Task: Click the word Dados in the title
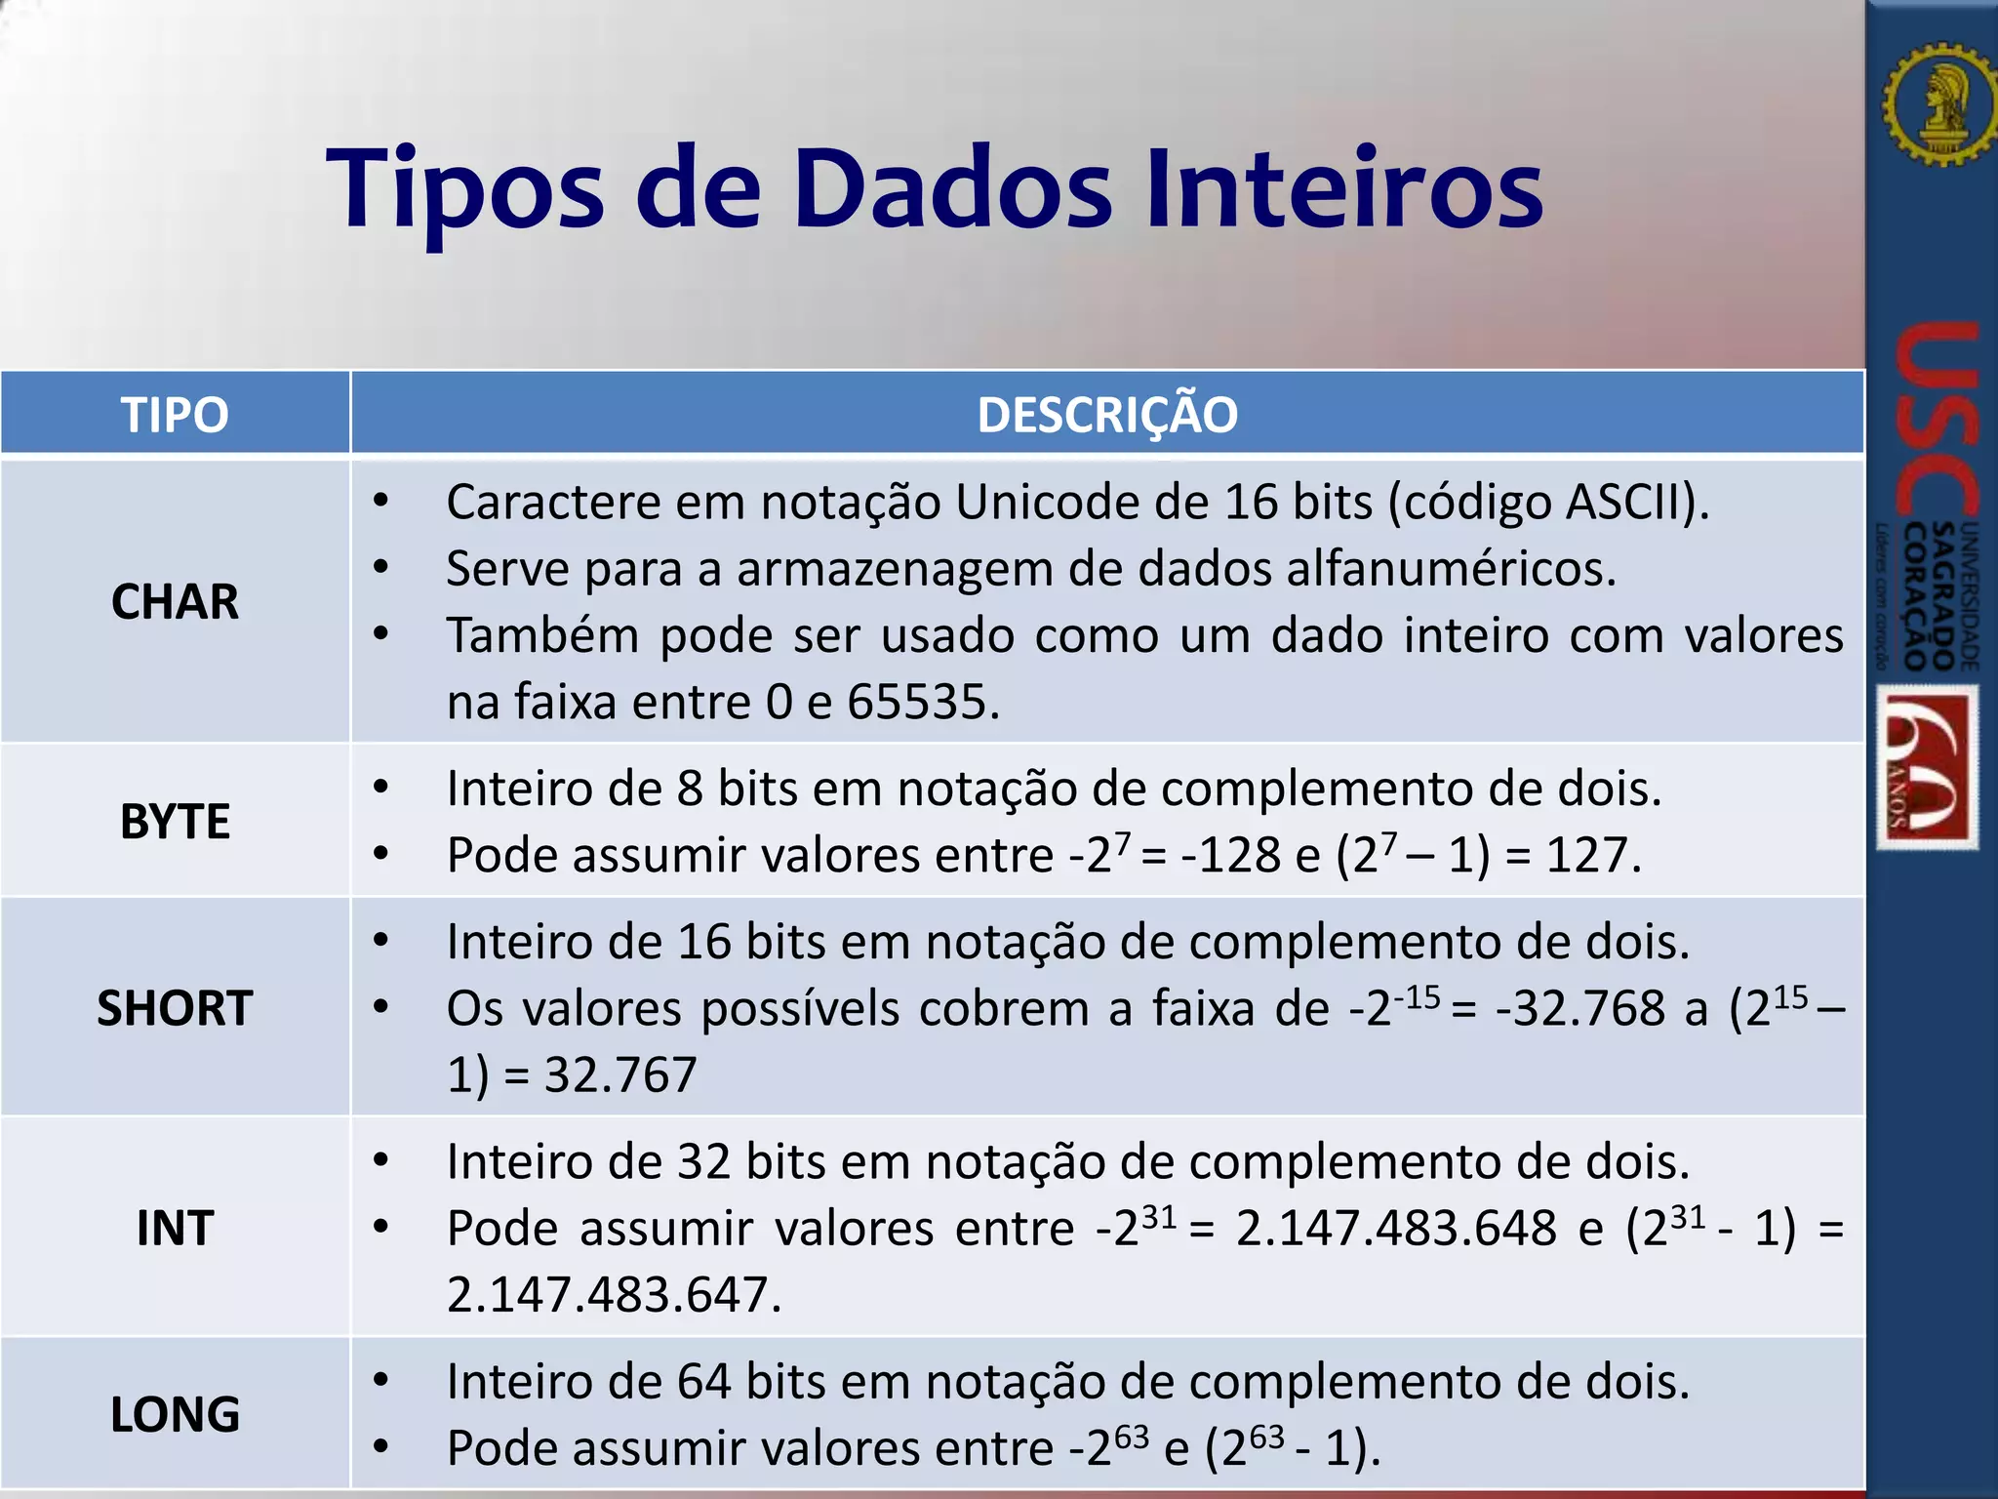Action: [x=952, y=188]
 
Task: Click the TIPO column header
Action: [x=175, y=415]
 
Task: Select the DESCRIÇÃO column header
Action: [x=1107, y=415]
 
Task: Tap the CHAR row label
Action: [x=175, y=601]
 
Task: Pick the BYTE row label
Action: [x=175, y=821]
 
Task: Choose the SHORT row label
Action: [x=175, y=1008]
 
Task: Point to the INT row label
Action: [x=175, y=1228]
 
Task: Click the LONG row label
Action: [x=175, y=1414]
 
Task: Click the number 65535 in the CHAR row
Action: [x=923, y=702]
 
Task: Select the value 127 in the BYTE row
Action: [x=1592, y=856]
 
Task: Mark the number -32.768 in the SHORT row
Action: [x=1580, y=1009]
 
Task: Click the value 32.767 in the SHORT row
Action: [x=620, y=1075]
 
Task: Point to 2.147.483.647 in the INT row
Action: [x=614, y=1295]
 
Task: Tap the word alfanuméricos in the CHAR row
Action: [x=1451, y=569]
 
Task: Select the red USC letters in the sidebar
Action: [x=1938, y=420]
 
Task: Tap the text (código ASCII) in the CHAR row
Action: [x=1548, y=503]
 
